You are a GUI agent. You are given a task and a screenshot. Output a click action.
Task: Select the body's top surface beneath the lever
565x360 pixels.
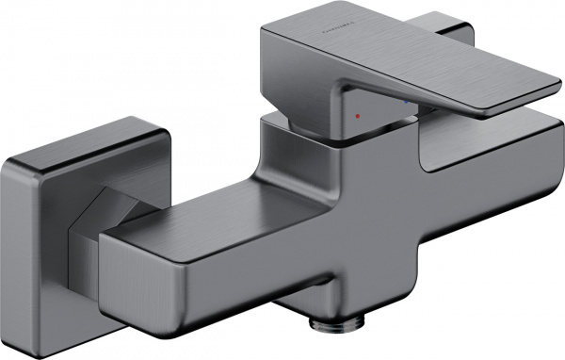[471, 132]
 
